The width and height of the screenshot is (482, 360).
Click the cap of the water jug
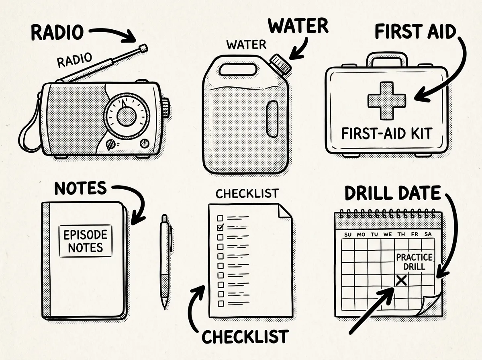click(281, 64)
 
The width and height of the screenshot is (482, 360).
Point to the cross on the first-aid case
click(387, 100)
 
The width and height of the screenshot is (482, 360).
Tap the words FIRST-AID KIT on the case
click(387, 134)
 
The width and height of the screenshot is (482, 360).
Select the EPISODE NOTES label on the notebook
click(86, 241)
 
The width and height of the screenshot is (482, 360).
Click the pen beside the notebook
click(165, 262)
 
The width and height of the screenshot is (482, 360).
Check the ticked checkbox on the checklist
click(220, 227)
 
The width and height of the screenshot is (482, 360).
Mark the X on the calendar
click(401, 280)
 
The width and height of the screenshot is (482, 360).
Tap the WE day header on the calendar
click(388, 235)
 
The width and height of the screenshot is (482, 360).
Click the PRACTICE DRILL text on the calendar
click(415, 262)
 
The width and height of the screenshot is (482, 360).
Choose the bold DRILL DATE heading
click(393, 193)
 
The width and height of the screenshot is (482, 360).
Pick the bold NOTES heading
click(80, 188)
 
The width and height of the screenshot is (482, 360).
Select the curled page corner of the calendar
click(431, 304)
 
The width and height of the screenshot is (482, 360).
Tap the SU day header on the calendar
click(348, 235)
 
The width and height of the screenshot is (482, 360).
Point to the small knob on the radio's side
click(166, 108)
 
